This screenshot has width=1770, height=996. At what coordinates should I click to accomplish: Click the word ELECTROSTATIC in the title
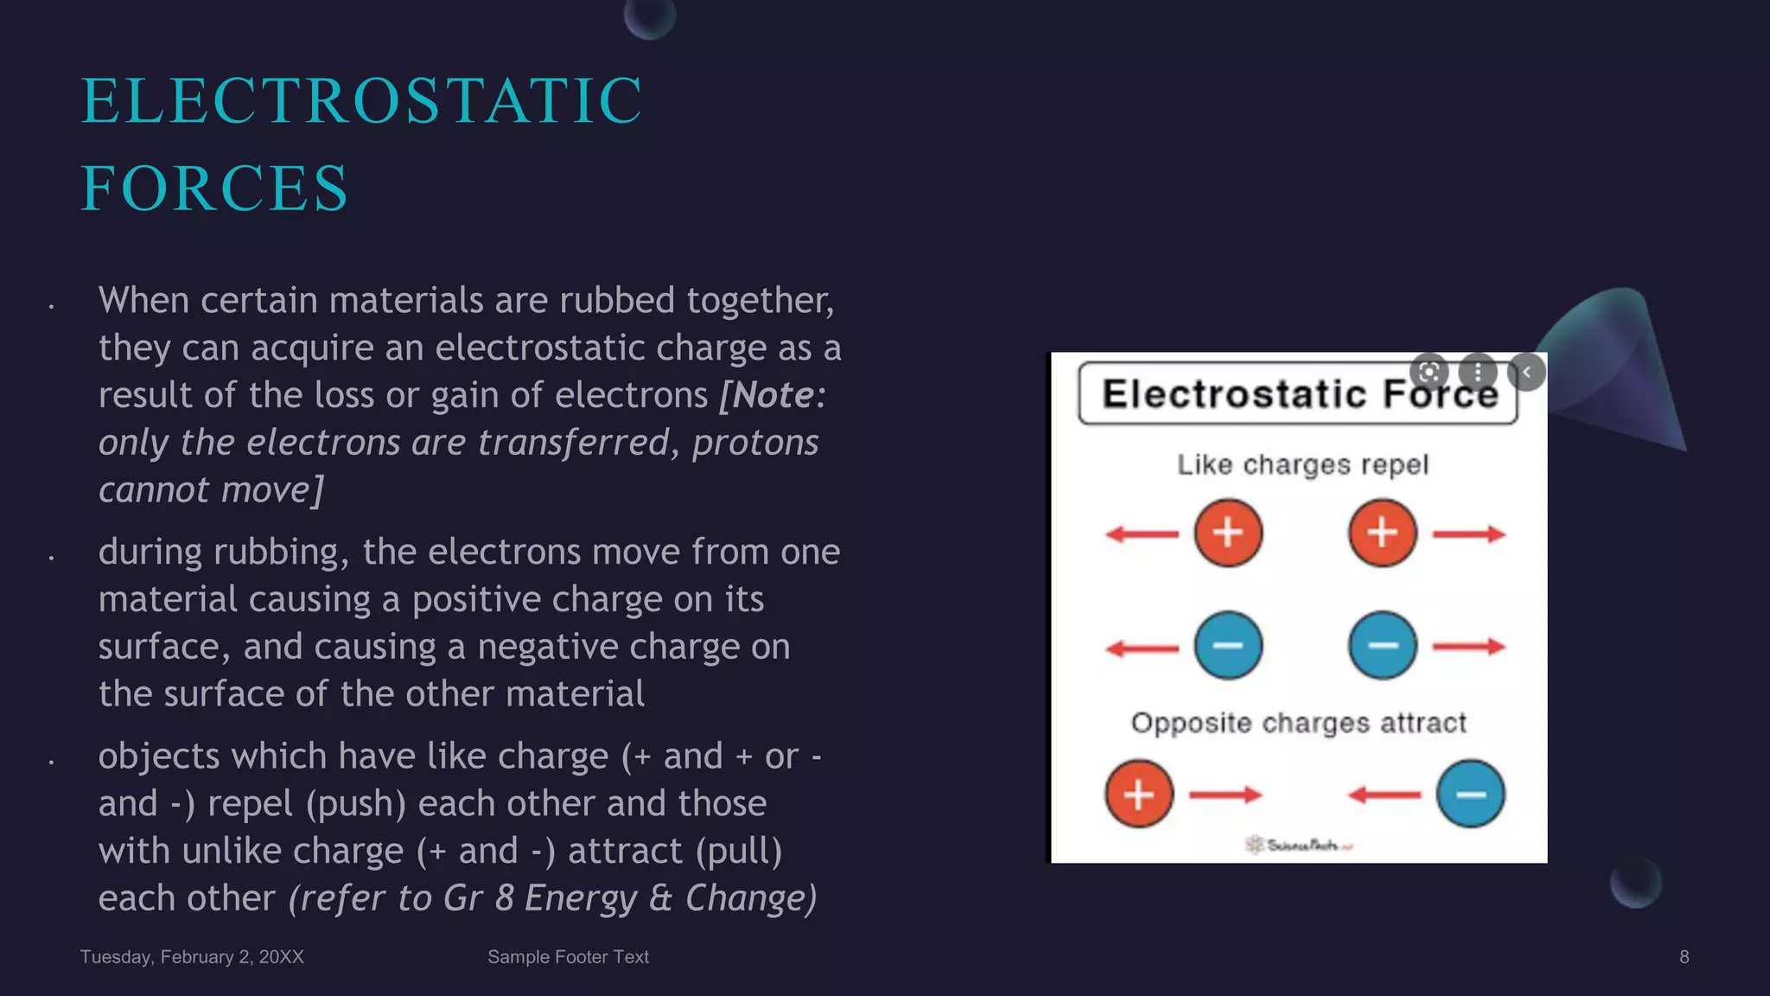[x=361, y=101]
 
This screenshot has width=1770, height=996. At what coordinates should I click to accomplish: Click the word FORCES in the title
[x=214, y=188]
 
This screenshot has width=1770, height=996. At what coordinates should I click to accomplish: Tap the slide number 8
[x=1684, y=957]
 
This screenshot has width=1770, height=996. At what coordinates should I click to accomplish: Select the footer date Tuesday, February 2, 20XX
[x=192, y=957]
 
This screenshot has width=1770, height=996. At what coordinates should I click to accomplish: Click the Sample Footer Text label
[x=568, y=957]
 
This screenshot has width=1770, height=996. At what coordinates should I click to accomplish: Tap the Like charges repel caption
[x=1302, y=465]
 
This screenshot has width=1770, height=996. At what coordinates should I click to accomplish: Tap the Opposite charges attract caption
[x=1298, y=723]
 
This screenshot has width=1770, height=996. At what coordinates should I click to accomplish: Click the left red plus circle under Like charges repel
[x=1228, y=533]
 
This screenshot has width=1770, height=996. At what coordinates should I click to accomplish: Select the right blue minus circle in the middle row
[x=1383, y=645]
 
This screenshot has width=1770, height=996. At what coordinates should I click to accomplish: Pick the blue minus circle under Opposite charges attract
[x=1470, y=794]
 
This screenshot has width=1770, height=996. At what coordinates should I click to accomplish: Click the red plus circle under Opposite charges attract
[x=1139, y=794]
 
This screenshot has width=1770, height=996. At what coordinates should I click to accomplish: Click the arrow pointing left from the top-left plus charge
[x=1142, y=534]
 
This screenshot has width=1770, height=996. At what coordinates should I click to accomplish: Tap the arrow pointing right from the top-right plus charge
[x=1469, y=534]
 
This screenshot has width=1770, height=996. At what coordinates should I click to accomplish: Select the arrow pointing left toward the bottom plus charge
[x=1385, y=795]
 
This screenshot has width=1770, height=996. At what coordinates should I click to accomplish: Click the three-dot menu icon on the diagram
[x=1478, y=373]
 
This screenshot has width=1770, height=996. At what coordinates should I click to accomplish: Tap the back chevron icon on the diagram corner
[x=1526, y=373]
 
